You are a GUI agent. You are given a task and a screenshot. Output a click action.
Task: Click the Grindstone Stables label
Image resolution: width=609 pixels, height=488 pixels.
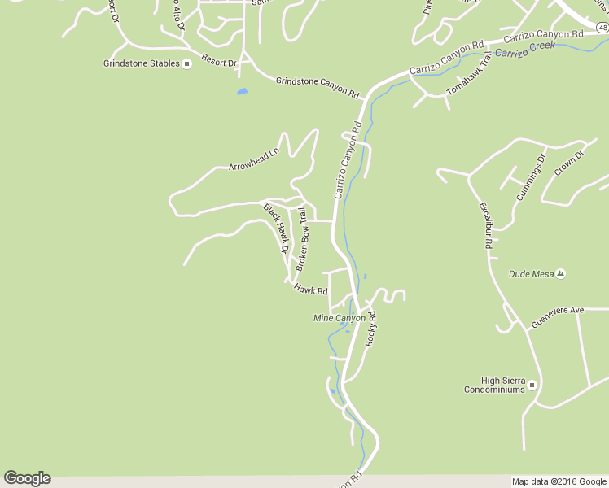pyautogui.click(x=141, y=63)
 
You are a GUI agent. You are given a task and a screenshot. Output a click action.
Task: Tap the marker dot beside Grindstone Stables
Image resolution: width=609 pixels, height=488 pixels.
pyautogui.click(x=186, y=63)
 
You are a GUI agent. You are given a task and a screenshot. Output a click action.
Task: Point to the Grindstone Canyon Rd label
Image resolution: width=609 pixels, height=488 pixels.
pyautogui.click(x=317, y=87)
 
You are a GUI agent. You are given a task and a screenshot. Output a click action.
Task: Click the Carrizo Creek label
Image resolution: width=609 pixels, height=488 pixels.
pyautogui.click(x=525, y=50)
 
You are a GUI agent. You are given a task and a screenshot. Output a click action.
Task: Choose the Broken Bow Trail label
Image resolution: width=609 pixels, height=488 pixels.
pyautogui.click(x=301, y=239)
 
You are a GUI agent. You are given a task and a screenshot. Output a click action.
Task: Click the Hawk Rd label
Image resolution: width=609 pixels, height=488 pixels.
pyautogui.click(x=311, y=289)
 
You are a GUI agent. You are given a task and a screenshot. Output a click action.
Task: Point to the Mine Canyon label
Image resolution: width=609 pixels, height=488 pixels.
pyautogui.click(x=340, y=318)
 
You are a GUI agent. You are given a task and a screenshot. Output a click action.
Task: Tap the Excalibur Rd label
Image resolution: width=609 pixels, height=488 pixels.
pyautogui.click(x=485, y=224)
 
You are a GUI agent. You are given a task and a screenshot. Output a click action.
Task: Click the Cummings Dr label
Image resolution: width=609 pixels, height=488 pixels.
pyautogui.click(x=530, y=176)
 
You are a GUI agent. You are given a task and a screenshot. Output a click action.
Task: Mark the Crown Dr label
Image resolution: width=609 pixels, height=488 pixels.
pyautogui.click(x=570, y=163)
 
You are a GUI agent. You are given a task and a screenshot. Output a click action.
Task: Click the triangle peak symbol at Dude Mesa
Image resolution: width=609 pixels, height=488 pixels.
pyautogui.click(x=561, y=274)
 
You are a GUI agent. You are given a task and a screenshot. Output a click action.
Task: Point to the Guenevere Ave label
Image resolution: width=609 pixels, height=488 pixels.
pyautogui.click(x=558, y=310)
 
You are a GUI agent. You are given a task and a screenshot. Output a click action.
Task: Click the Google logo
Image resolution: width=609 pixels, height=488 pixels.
pyautogui.click(x=27, y=478)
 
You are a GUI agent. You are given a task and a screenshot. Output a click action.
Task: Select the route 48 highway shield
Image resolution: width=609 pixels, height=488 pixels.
pyautogui.click(x=602, y=28)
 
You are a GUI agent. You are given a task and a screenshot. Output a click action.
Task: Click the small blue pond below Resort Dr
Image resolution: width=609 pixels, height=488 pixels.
pyautogui.click(x=242, y=91)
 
